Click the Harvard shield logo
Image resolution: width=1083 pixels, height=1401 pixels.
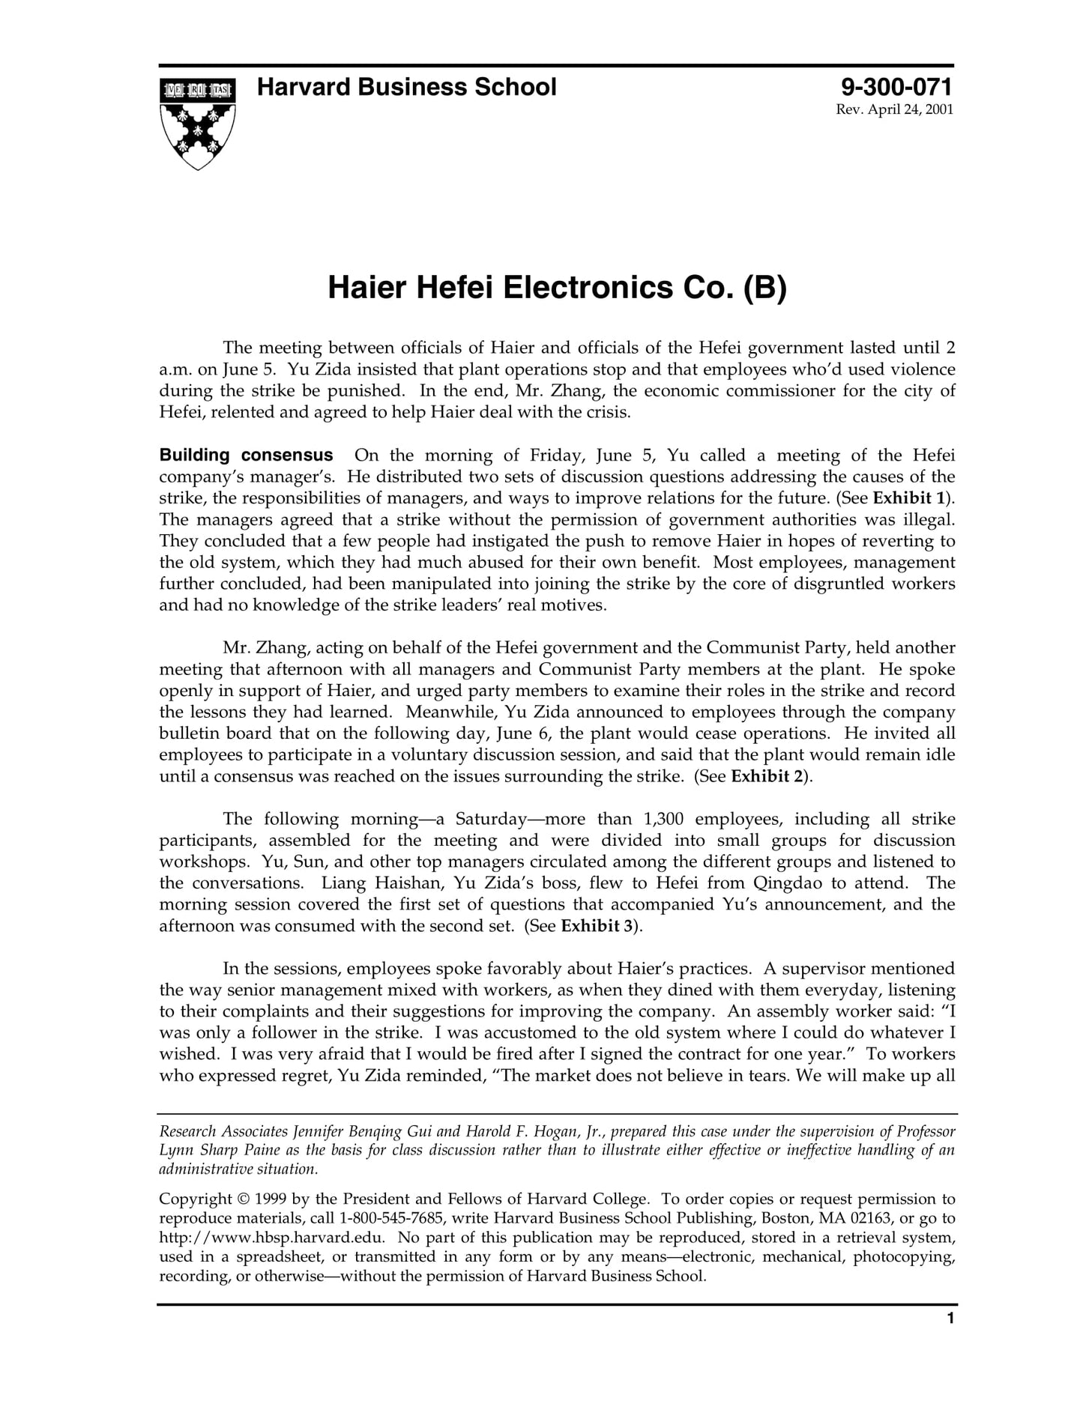coord(197,123)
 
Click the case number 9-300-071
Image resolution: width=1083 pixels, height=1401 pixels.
coord(896,88)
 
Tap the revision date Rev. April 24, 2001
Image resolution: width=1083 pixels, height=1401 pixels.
coord(894,110)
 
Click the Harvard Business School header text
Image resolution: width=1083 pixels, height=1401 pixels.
coord(406,88)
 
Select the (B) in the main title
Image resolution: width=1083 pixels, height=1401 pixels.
coord(764,288)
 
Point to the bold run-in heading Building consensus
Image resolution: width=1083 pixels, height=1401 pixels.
coord(246,456)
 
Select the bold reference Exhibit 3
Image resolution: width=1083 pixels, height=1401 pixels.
coord(597,926)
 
